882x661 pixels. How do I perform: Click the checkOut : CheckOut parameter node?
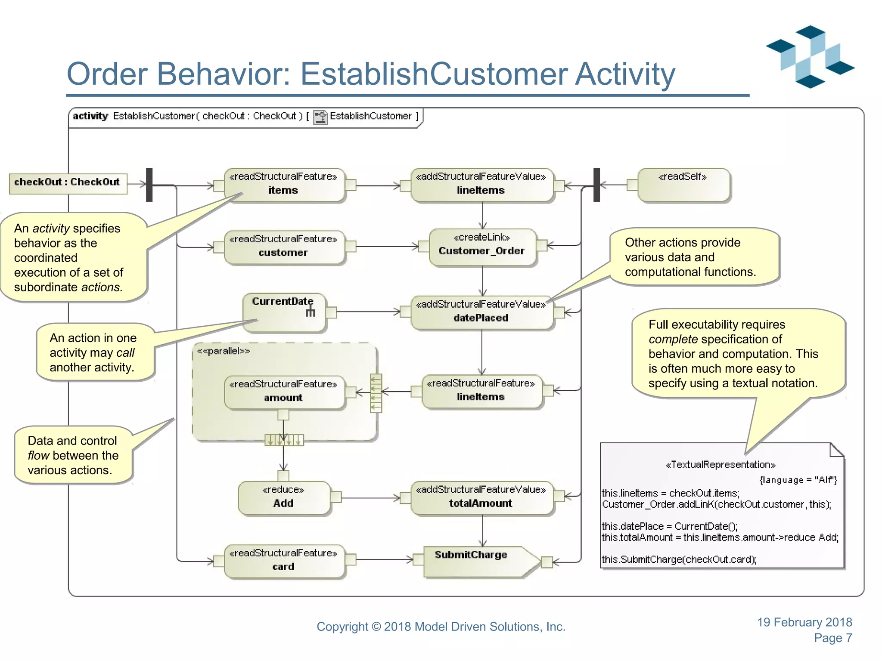[x=68, y=183]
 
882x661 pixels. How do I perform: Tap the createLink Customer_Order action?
[x=482, y=247]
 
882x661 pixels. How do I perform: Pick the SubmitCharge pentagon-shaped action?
[x=478, y=561]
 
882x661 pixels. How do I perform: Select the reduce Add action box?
[x=283, y=498]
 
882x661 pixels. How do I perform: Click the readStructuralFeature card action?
[x=284, y=560]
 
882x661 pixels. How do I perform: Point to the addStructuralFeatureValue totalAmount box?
[x=481, y=498]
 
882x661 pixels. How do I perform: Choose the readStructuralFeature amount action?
[x=284, y=392]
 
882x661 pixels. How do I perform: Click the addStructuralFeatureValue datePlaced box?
[x=481, y=313]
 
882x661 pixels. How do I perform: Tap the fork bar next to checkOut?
[x=149, y=185]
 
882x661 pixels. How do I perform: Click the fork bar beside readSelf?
[x=596, y=185]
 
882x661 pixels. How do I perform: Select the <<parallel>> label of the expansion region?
[x=224, y=351]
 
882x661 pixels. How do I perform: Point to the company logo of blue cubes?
[x=810, y=57]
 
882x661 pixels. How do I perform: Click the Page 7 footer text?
[x=832, y=638]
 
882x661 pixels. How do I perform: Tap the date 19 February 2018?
[x=804, y=622]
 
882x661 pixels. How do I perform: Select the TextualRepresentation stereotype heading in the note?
[x=720, y=465]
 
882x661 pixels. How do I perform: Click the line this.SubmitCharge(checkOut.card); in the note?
[x=679, y=559]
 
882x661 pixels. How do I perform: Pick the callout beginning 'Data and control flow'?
[x=72, y=455]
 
